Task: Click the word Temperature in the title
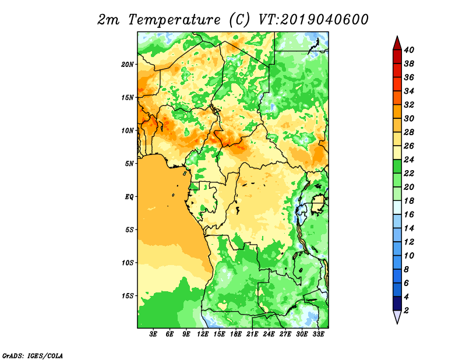tap(174, 20)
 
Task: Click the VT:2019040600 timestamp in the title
tap(313, 20)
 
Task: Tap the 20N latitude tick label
tap(128, 65)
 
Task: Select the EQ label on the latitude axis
tap(129, 196)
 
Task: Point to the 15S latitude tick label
tap(128, 296)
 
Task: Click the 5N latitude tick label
tap(129, 164)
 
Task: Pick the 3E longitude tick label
tap(153, 334)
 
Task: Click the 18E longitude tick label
tap(236, 334)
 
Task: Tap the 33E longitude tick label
tap(318, 334)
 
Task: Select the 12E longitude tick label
tap(203, 334)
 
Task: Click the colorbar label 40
tap(409, 50)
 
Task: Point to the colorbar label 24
tap(409, 160)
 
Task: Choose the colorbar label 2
tap(406, 310)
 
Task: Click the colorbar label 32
tap(409, 105)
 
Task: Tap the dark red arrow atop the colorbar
tap(397, 44)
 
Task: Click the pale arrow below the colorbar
tap(397, 316)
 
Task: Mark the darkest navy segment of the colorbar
tap(397, 304)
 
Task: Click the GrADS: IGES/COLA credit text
tap(33, 355)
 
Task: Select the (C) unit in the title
tap(239, 20)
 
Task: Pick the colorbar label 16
tap(409, 214)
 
